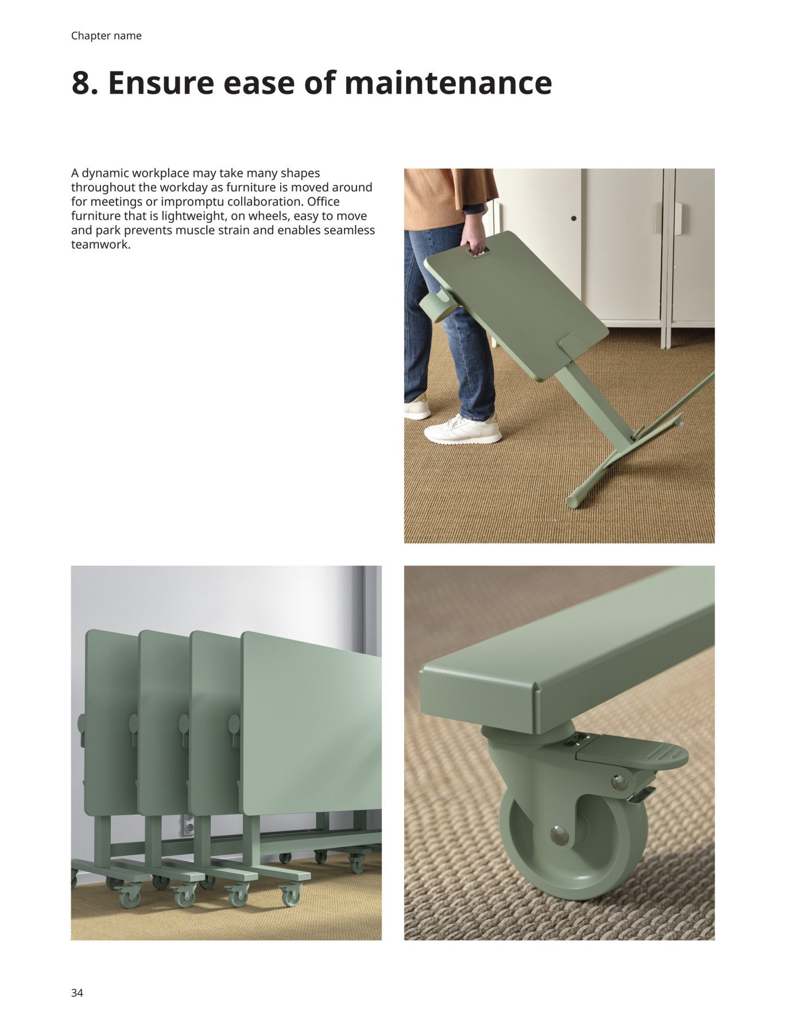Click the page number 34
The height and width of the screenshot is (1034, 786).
click(x=77, y=993)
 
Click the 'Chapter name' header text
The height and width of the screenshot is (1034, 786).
click(x=106, y=36)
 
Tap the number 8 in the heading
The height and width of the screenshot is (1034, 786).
click(x=81, y=83)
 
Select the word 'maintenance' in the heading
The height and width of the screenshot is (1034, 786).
click(x=448, y=83)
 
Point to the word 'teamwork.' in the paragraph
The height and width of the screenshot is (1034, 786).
click(x=101, y=244)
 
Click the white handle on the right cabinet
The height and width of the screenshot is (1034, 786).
click(x=677, y=218)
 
